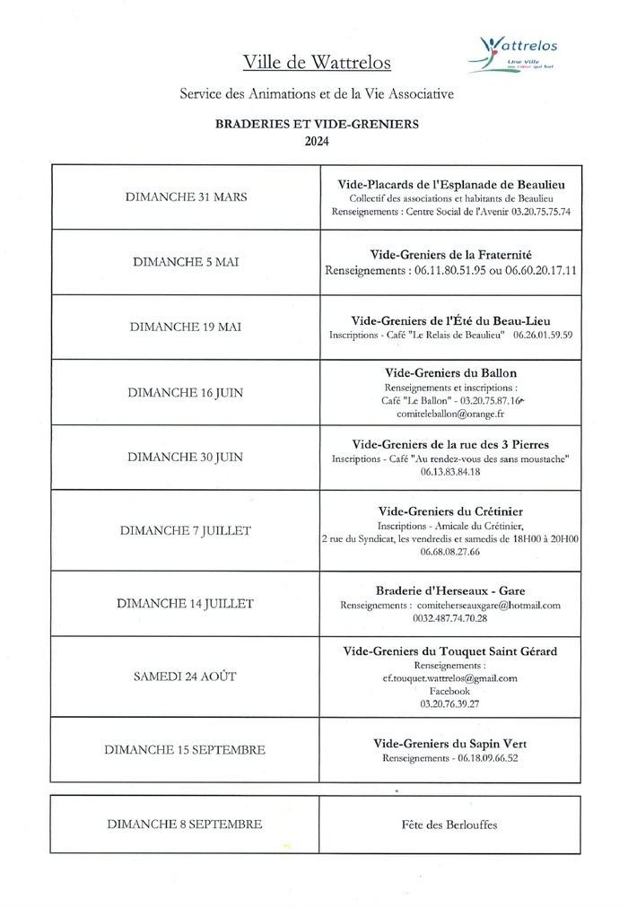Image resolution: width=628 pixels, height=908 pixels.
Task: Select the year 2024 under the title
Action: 317,141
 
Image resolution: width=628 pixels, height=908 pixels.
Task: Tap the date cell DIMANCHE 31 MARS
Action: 186,197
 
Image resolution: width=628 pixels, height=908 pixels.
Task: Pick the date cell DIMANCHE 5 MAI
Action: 186,263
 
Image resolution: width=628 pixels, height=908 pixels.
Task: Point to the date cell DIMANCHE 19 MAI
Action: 186,327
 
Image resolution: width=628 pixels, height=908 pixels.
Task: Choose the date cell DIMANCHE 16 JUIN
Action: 186,392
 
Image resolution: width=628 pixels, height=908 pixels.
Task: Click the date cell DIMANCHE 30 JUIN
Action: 186,457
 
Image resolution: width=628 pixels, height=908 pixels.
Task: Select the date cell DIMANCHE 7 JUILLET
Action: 186,530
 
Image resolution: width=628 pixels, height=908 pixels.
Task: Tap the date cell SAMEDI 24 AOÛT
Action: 186,677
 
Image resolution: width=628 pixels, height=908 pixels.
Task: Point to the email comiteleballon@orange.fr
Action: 450,415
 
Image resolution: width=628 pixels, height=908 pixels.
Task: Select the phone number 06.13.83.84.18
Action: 450,471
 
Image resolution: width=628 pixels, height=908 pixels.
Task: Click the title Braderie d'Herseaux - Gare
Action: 450,589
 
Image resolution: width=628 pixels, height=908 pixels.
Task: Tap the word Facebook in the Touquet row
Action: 450,692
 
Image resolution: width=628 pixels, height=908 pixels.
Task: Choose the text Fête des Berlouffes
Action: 450,825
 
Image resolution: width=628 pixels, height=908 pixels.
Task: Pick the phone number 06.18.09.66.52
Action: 450,757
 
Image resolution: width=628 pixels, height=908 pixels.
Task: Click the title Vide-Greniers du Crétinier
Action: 450,510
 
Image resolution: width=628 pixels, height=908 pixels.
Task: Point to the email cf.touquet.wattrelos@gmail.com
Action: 450,678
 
